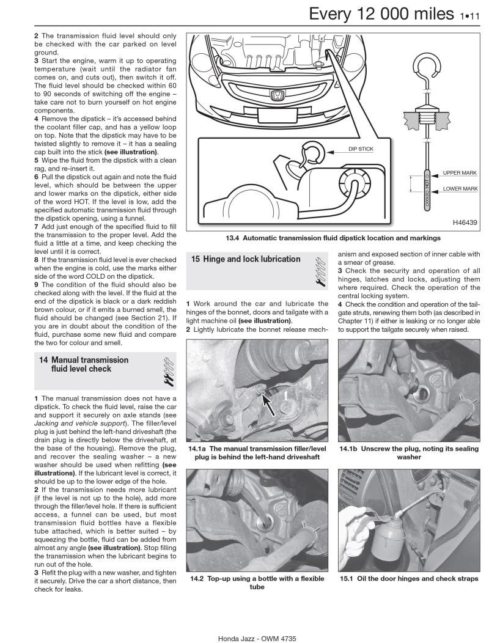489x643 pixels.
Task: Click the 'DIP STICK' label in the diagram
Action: (361, 149)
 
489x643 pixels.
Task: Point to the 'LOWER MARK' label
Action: (460, 189)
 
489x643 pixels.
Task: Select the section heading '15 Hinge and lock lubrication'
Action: (246, 259)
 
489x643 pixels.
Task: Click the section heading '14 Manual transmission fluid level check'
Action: (84, 365)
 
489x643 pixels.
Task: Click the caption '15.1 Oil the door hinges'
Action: (409, 579)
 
